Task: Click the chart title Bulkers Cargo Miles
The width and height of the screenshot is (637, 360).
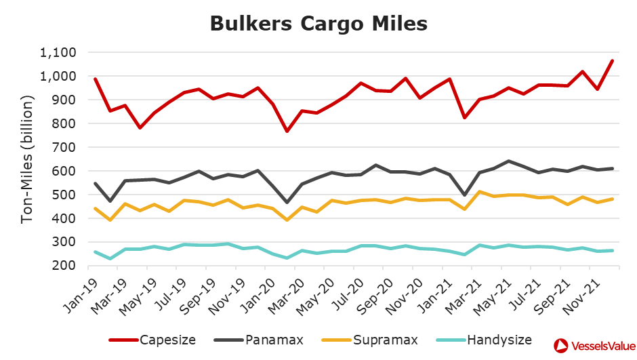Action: point(318,23)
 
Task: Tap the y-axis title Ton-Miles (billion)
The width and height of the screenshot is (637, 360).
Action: point(28,159)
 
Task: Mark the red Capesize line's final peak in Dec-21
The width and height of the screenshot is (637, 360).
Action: point(612,60)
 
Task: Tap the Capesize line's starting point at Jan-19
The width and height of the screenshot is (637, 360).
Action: point(96,79)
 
